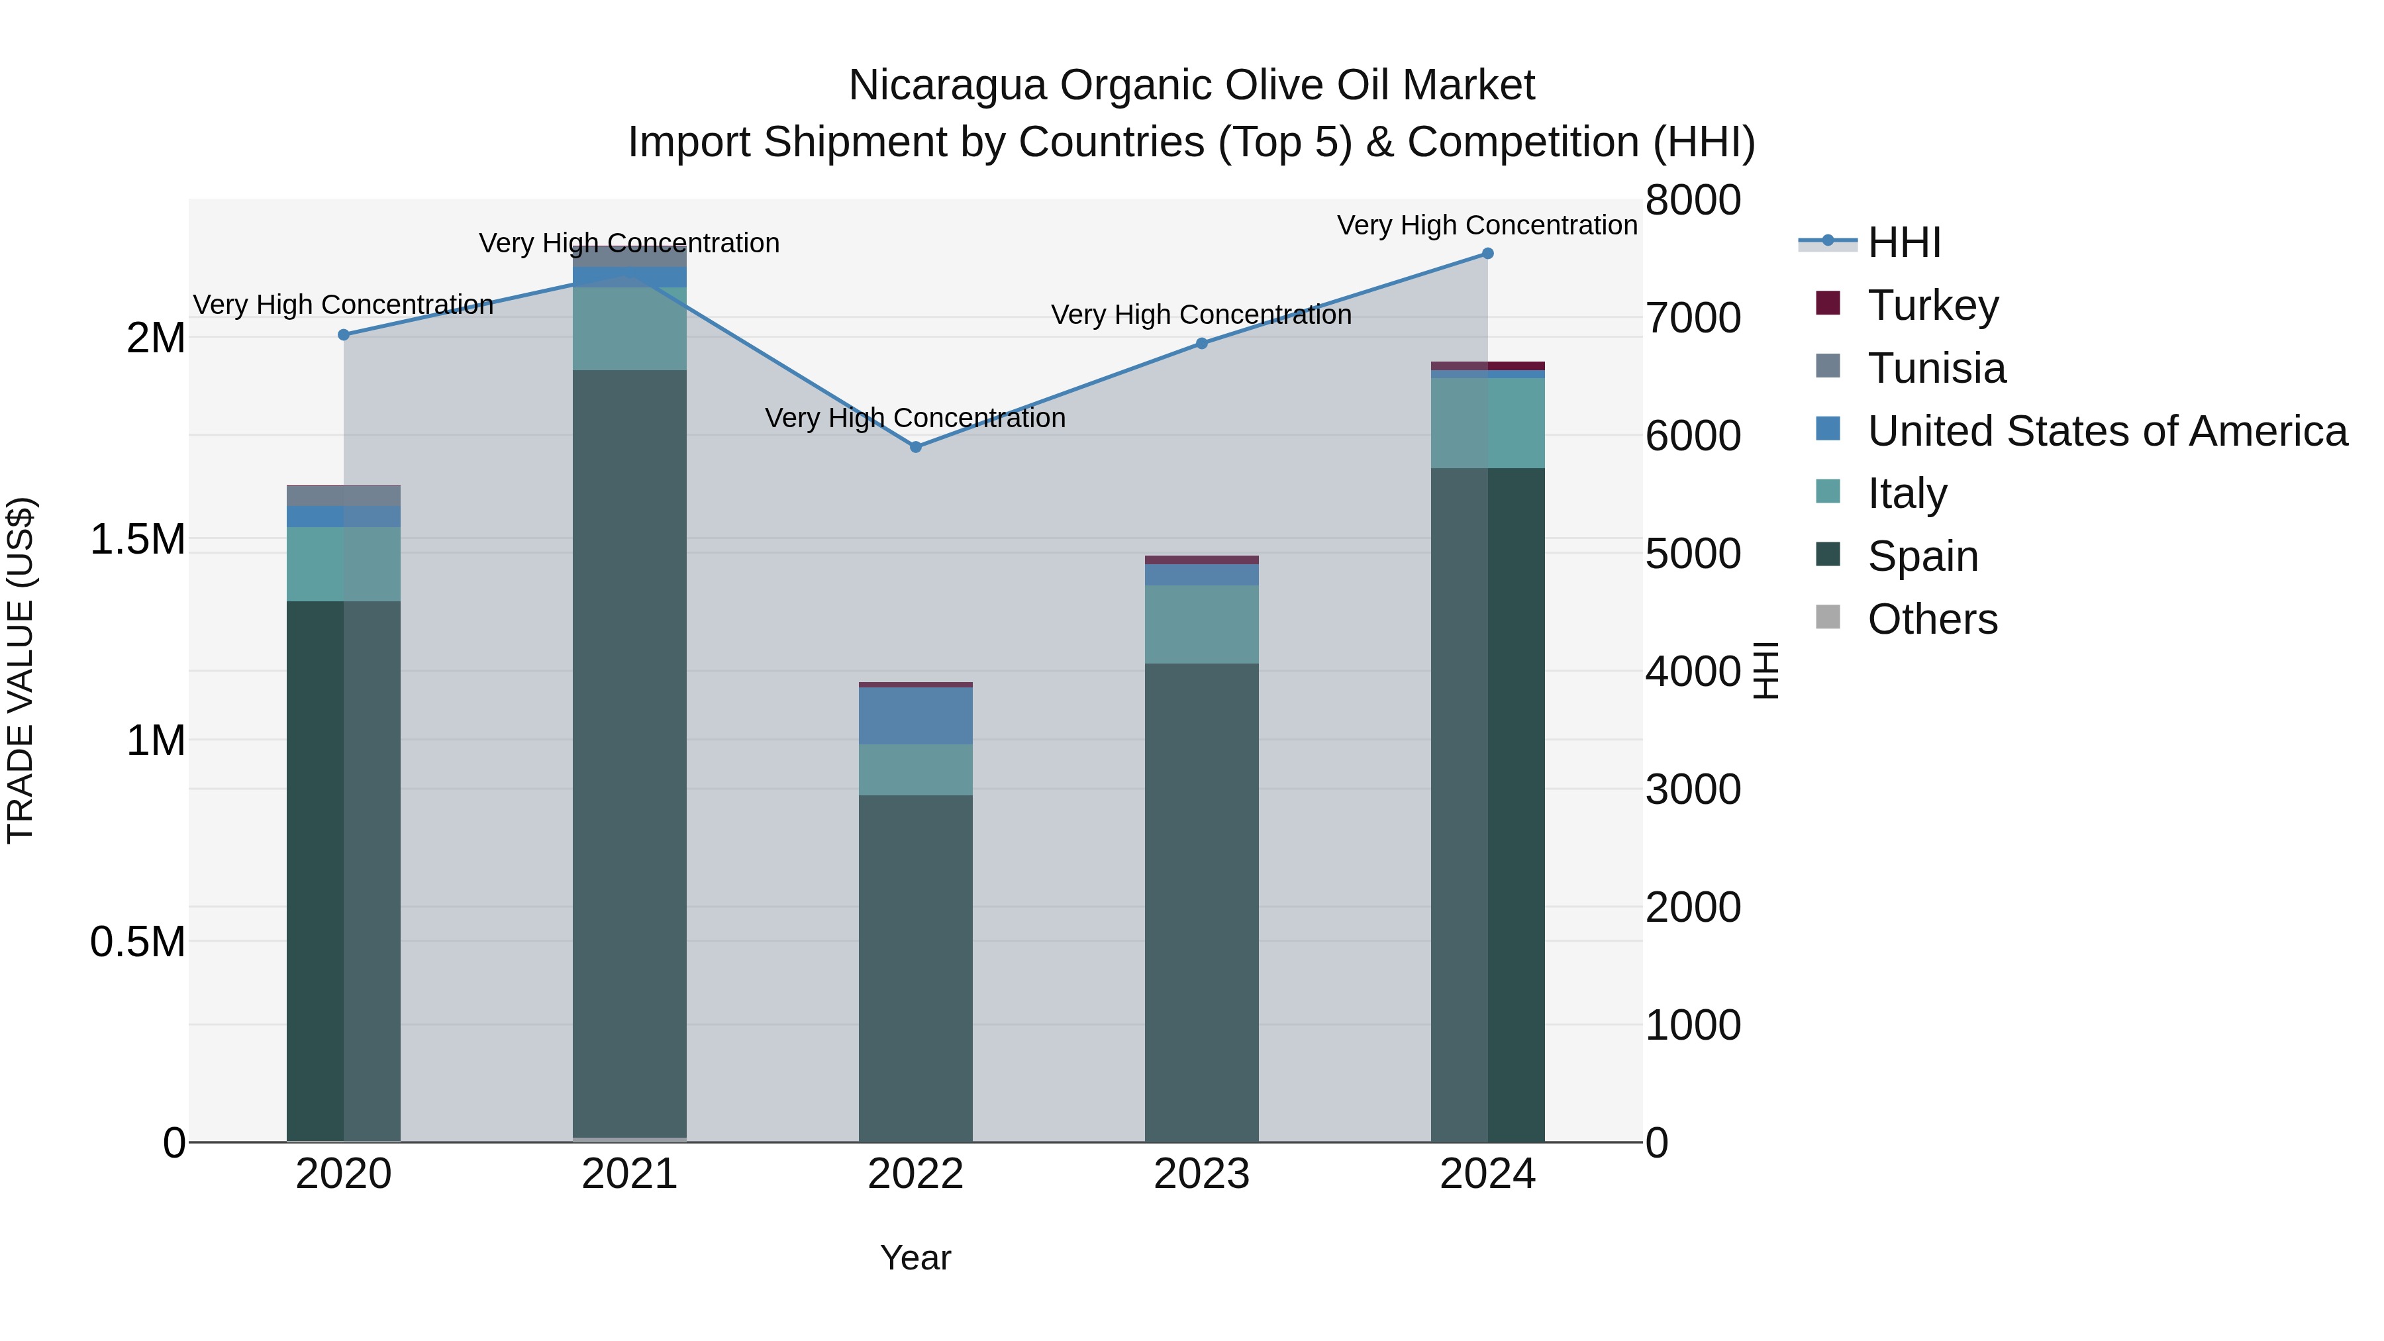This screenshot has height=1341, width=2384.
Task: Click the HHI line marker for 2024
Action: (1487, 254)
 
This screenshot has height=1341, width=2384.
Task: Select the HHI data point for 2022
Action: (915, 447)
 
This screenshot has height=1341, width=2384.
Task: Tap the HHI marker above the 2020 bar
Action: (343, 335)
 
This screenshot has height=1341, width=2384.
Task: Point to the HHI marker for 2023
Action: (1201, 343)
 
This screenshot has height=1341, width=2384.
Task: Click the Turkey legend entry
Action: (1932, 305)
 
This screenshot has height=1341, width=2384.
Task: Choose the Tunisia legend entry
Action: (1936, 368)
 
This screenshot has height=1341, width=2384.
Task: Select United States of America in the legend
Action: (2107, 431)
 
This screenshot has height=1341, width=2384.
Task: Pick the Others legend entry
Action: (1932, 619)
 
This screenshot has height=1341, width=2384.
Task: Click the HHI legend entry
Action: (1904, 242)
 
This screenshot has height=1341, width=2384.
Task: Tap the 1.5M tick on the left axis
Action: (138, 538)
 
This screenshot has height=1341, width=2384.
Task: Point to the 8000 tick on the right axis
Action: (1693, 200)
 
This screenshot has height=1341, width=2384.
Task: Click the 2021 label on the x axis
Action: (629, 1174)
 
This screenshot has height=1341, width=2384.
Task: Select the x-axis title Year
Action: (915, 1258)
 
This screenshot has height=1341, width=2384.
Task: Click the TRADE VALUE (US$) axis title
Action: (21, 670)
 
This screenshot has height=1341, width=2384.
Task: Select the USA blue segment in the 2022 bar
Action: (915, 715)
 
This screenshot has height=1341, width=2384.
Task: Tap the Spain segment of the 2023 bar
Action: (1201, 903)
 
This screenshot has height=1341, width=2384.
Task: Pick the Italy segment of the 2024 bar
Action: (1487, 423)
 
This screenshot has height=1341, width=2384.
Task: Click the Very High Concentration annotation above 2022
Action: (915, 419)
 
